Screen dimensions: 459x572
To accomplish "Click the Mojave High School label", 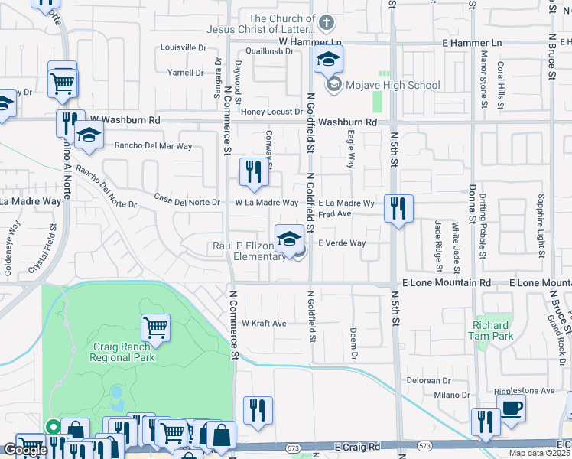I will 393,85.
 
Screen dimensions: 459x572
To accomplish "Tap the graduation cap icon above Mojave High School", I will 327,58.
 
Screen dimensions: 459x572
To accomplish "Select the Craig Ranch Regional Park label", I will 122,351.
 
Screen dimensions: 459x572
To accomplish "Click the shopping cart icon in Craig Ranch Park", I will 155,327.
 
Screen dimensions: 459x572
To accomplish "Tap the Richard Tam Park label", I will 491,330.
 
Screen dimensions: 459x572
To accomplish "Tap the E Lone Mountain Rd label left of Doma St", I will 446,283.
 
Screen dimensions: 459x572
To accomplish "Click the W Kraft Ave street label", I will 264,324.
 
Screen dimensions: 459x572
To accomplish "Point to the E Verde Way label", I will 342,243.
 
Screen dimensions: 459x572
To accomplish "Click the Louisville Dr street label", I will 183,47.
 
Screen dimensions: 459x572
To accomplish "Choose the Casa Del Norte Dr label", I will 187,203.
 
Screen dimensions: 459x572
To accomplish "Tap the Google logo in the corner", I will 25,450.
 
